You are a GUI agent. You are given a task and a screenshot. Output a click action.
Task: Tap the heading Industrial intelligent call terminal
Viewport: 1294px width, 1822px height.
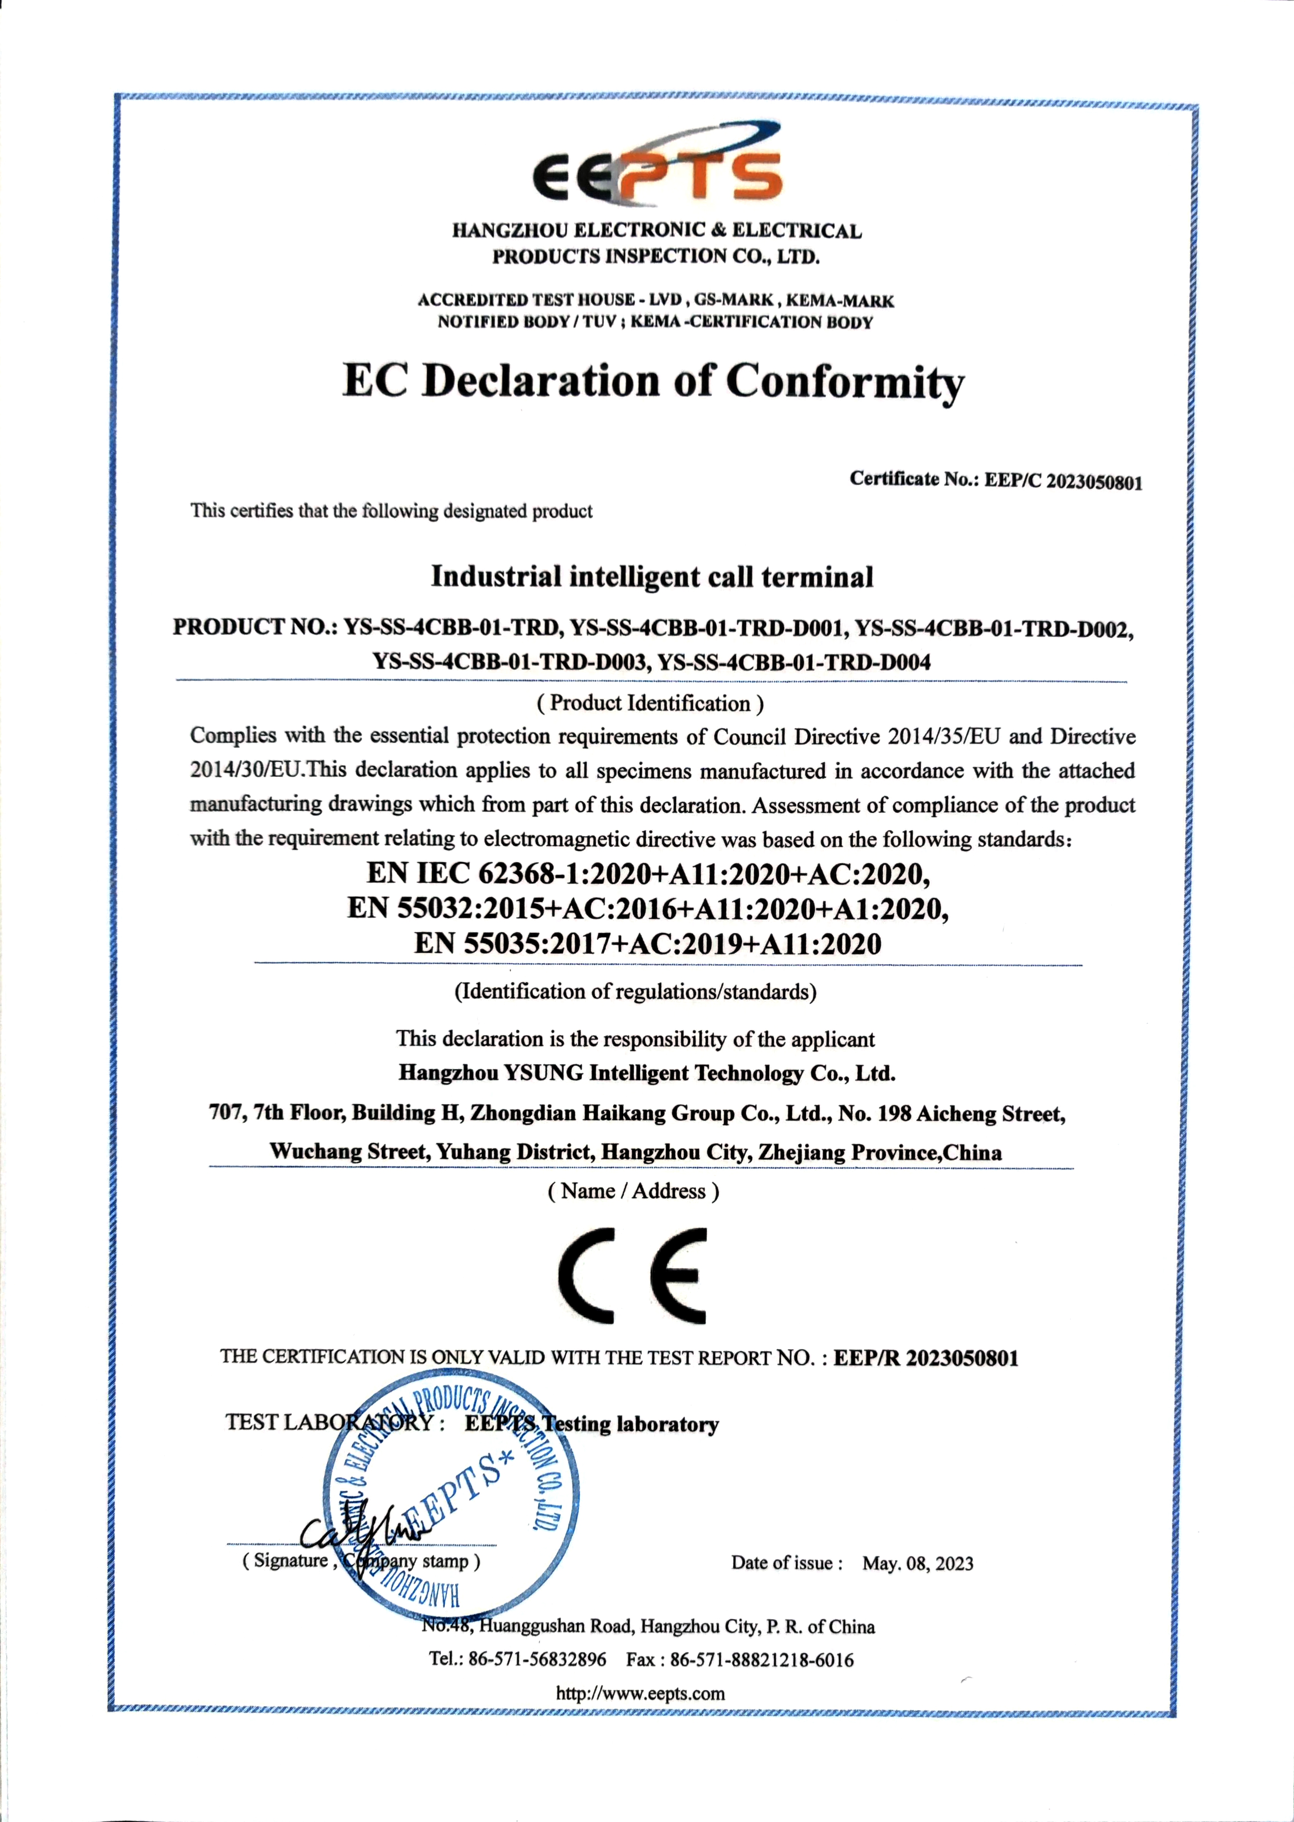(652, 577)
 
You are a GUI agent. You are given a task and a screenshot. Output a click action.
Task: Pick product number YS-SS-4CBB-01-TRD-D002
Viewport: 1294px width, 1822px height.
(994, 629)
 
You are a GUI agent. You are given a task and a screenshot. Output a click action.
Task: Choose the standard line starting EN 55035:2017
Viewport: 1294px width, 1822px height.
(648, 944)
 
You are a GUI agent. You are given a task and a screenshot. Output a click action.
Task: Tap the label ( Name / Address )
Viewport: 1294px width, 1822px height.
(634, 1191)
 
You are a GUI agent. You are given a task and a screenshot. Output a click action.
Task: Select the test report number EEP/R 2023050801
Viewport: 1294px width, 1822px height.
(926, 1358)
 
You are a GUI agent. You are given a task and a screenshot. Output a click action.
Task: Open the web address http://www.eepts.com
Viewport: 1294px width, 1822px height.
(640, 1694)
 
